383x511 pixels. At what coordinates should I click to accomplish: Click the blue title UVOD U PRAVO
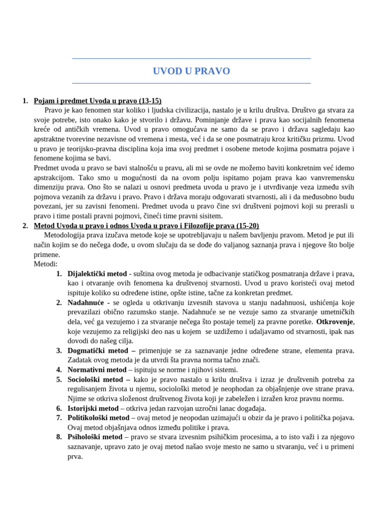(191, 71)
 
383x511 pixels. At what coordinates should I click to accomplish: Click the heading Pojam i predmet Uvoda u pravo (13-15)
(97, 101)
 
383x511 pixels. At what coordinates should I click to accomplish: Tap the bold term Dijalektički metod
(97, 273)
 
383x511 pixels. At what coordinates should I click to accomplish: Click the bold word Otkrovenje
(335, 321)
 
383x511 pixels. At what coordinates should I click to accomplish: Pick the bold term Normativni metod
(97, 370)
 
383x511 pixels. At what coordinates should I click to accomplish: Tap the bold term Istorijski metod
(93, 408)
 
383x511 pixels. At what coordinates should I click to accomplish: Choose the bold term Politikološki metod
(98, 418)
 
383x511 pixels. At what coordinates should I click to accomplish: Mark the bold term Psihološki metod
(95, 437)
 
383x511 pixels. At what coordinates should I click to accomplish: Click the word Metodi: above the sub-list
(46, 264)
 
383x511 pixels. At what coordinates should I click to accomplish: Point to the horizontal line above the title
(191, 58)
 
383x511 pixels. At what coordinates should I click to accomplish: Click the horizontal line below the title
(191, 83)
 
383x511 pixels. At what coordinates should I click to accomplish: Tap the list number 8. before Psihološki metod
(59, 437)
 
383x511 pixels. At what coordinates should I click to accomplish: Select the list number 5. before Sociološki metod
(59, 379)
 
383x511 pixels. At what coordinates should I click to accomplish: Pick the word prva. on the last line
(75, 456)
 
